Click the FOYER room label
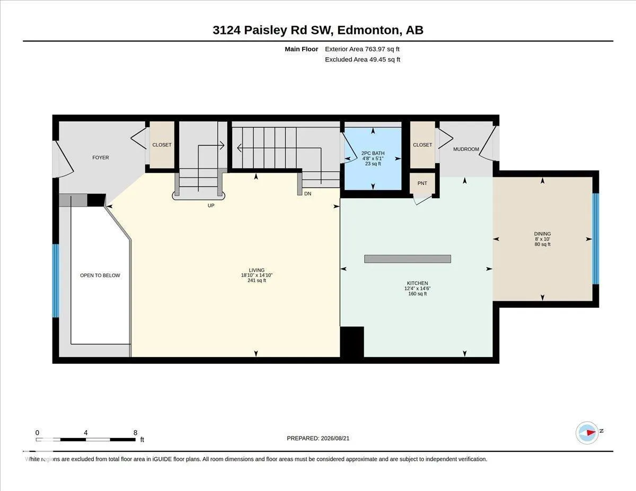click(100, 158)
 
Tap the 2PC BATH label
click(373, 153)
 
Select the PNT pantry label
click(422, 183)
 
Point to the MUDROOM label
click(466, 149)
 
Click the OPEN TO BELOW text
click(100, 275)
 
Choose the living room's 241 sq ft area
click(257, 280)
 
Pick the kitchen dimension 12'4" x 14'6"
click(417, 288)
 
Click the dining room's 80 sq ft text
click(542, 244)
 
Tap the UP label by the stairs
click(211, 206)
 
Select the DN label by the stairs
click(307, 193)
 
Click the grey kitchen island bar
click(408, 259)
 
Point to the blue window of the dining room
click(595, 239)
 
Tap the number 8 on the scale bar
click(135, 433)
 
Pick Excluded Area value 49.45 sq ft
click(385, 60)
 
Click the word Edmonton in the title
click(368, 30)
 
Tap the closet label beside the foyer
click(162, 145)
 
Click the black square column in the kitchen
click(352, 342)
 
